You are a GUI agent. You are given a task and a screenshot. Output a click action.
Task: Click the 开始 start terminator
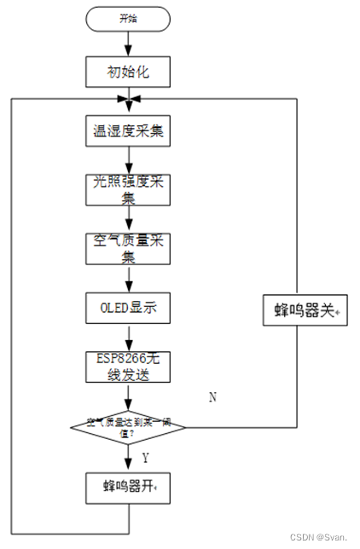pyautogui.click(x=128, y=18)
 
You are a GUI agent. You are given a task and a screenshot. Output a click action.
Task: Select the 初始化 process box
pyautogui.click(x=128, y=72)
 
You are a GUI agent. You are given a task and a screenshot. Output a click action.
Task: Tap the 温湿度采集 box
pyautogui.click(x=128, y=131)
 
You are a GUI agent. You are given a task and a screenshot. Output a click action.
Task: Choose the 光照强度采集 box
pyautogui.click(x=128, y=188)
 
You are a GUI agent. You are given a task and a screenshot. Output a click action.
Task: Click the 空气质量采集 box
pyautogui.click(x=128, y=248)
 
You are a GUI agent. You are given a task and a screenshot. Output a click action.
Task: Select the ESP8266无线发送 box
pyautogui.click(x=128, y=366)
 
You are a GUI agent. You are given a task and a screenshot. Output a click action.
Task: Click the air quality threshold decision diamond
pyautogui.click(x=128, y=425)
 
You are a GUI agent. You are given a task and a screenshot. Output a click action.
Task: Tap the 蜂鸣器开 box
pyautogui.click(x=128, y=487)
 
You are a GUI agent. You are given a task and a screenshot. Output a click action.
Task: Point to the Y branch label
pyautogui.click(x=144, y=458)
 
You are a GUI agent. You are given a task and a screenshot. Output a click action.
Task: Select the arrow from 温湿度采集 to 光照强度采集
pyautogui.click(x=128, y=159)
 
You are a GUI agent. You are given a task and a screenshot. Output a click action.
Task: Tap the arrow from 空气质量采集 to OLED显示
pyautogui.click(x=128, y=278)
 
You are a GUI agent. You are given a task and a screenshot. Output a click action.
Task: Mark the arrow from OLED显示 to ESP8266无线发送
pyautogui.click(x=128, y=337)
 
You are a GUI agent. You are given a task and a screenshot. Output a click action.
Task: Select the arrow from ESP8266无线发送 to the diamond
pyautogui.click(x=128, y=396)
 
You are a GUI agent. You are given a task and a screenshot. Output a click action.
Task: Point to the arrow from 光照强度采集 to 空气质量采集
pyautogui.click(x=128, y=218)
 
